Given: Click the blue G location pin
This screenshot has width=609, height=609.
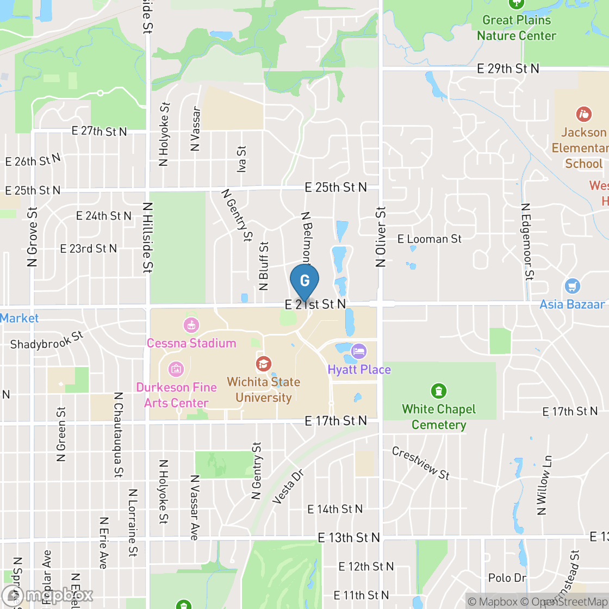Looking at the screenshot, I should (x=304, y=281).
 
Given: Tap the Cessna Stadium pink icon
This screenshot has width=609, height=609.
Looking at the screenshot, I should (x=191, y=326).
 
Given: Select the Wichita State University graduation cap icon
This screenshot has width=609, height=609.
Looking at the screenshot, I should (x=263, y=363).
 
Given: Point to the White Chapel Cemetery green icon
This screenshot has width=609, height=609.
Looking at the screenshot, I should (x=438, y=390).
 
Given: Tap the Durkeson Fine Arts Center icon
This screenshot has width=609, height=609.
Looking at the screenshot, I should (x=176, y=369).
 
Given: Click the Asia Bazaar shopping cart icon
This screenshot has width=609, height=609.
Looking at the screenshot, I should (x=572, y=285).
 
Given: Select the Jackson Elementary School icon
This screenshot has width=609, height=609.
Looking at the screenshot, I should (x=583, y=114).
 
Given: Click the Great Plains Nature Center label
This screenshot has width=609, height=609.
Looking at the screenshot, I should (x=516, y=28).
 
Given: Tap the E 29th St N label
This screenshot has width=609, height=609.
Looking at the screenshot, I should (x=508, y=69).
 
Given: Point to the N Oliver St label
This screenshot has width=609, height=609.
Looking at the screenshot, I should (x=381, y=237).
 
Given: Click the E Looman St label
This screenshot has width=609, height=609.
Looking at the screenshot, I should (x=430, y=239).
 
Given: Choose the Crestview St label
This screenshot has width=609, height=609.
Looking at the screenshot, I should (x=420, y=464).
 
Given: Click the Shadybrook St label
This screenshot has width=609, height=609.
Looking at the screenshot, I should (x=46, y=340).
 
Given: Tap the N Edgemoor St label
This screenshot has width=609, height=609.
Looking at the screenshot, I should (x=526, y=242).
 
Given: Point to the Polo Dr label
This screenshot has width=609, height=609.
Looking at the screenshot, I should (x=507, y=577).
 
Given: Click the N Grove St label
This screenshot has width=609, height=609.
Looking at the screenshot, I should (x=33, y=237).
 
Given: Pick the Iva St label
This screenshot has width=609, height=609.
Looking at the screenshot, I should (x=242, y=159).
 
